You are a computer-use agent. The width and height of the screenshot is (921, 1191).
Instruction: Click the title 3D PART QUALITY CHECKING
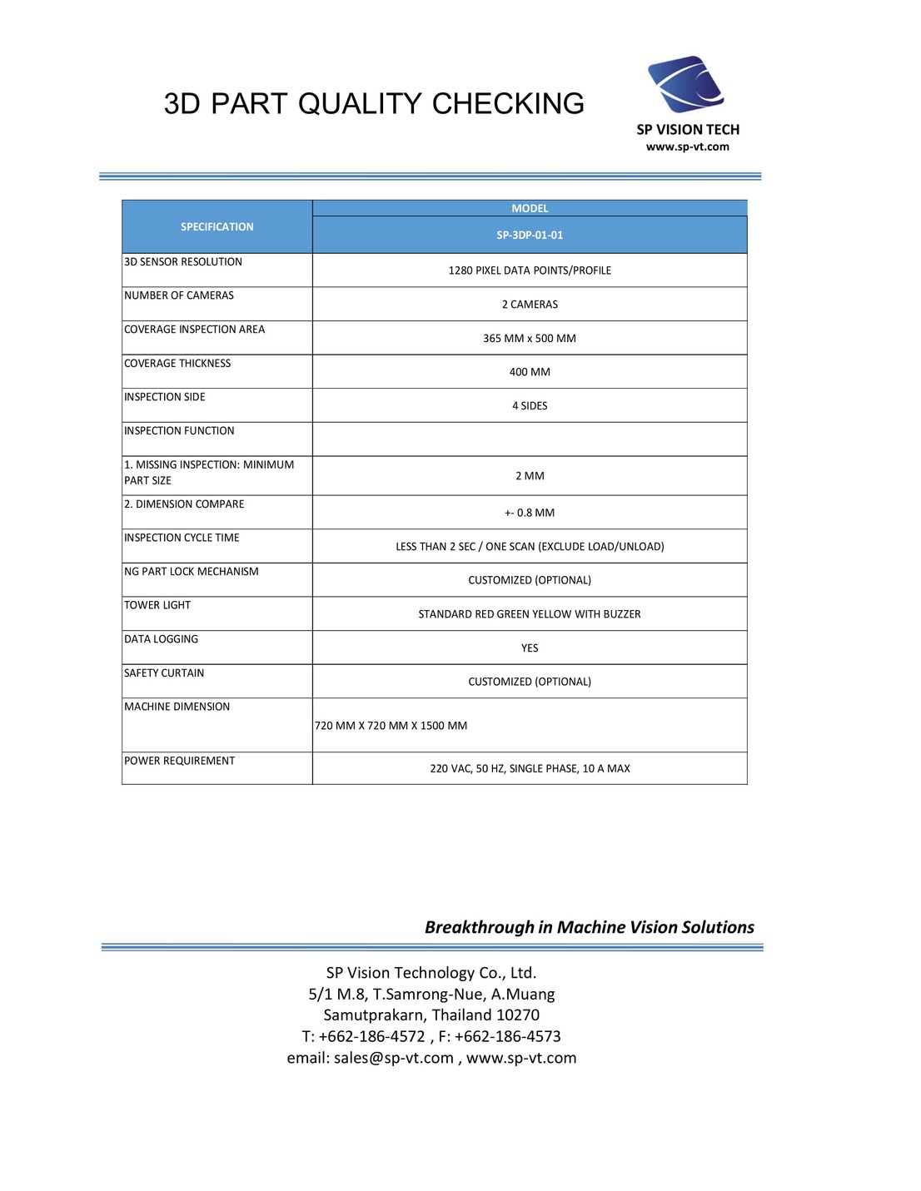(374, 104)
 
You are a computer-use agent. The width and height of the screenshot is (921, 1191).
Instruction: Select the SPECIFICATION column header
(217, 226)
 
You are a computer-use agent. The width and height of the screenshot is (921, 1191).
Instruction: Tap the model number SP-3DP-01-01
(530, 235)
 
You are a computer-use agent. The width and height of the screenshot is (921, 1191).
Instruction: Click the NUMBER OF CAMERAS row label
(179, 295)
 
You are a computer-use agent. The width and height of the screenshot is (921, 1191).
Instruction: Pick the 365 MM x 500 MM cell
(530, 338)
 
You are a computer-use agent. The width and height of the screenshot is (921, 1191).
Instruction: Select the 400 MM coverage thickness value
(530, 372)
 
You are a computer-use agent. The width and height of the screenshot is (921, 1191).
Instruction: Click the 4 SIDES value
(530, 405)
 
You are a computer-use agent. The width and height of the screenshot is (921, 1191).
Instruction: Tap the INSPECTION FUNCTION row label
(179, 430)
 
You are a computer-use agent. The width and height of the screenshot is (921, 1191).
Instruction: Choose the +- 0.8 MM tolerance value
(530, 513)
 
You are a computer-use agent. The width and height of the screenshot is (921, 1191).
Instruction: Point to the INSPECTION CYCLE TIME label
(182, 538)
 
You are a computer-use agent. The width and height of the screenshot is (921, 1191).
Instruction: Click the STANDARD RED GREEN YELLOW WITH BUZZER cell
(530, 614)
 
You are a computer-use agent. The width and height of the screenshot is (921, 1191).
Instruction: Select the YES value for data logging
(530, 648)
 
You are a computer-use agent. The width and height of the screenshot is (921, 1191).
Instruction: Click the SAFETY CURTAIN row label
(164, 672)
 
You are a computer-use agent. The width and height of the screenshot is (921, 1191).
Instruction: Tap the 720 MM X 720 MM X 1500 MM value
(391, 726)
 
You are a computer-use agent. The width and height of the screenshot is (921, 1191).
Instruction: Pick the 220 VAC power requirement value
(530, 768)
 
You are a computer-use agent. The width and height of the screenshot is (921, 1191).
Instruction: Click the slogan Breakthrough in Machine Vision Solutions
(589, 927)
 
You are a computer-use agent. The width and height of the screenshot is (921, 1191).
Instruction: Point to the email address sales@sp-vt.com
(394, 1058)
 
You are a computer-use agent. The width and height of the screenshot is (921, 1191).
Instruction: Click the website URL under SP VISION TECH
(688, 146)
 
